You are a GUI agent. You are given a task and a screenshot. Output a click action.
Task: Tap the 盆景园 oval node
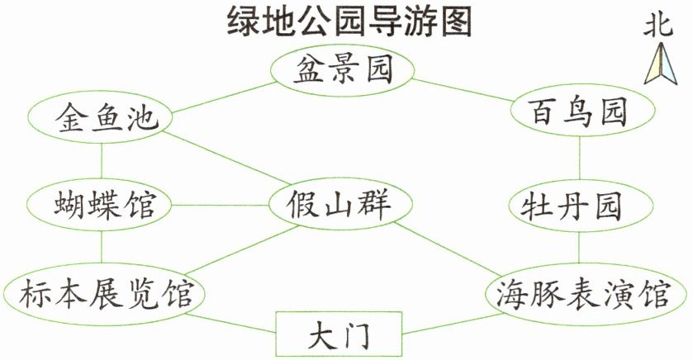click(x=343, y=70)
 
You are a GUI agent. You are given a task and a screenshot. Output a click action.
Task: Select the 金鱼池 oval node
click(x=100, y=117)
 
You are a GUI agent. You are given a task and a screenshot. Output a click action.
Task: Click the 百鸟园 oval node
click(x=582, y=111)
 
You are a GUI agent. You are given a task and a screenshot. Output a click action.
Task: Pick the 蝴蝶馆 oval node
click(x=99, y=205)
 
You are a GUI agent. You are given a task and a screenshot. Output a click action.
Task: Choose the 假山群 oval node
click(x=341, y=204)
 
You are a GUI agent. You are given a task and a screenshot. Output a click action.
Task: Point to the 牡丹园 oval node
click(x=581, y=206)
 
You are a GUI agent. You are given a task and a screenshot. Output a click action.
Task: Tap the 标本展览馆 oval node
click(x=104, y=294)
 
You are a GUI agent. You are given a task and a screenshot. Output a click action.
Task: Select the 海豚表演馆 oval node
click(x=586, y=293)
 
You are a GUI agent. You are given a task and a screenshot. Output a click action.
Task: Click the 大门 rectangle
click(x=339, y=334)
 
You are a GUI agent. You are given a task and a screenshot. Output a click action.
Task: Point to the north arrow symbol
click(x=660, y=64)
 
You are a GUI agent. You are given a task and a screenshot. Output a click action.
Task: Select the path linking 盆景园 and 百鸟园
click(x=463, y=91)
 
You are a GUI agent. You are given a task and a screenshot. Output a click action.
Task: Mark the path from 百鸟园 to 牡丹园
click(x=580, y=159)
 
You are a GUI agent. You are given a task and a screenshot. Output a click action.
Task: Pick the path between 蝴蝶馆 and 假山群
click(x=221, y=205)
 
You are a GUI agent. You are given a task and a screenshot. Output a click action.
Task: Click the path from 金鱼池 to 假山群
click(x=226, y=158)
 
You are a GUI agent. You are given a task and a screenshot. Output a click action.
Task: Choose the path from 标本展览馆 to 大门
click(x=230, y=323)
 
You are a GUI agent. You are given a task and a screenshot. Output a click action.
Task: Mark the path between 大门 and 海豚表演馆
click(x=453, y=324)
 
